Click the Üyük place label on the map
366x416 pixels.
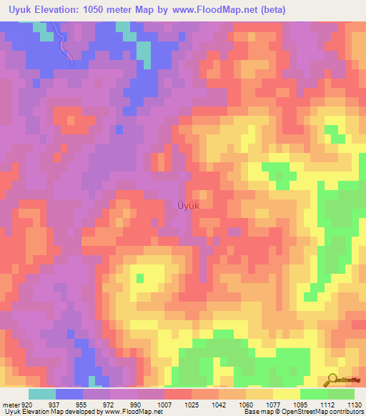click(187, 205)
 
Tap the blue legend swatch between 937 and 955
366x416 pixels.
click(69, 394)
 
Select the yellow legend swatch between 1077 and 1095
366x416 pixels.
click(287, 394)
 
